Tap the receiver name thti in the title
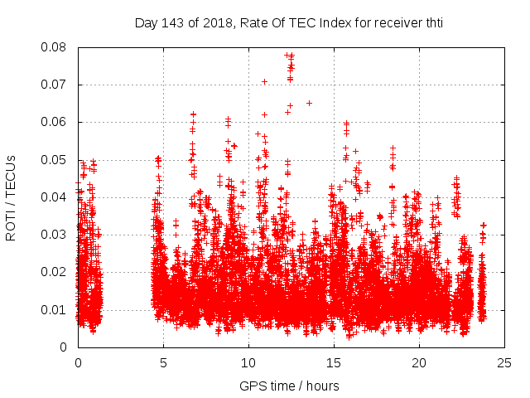click(430, 22)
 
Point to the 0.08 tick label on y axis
click(55, 47)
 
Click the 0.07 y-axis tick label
click(55, 85)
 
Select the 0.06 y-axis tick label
click(55, 122)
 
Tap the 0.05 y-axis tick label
click(55, 159)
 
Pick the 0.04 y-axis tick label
click(55, 197)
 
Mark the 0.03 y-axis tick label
click(55, 235)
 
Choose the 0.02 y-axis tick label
click(55, 272)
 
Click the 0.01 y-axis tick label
click(55, 309)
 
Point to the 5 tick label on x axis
click(163, 362)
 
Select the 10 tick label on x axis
click(248, 362)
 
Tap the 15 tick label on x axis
click(334, 362)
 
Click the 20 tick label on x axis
click(419, 362)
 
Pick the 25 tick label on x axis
click(504, 362)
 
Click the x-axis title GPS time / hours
click(289, 386)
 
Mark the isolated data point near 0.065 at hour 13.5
click(309, 104)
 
